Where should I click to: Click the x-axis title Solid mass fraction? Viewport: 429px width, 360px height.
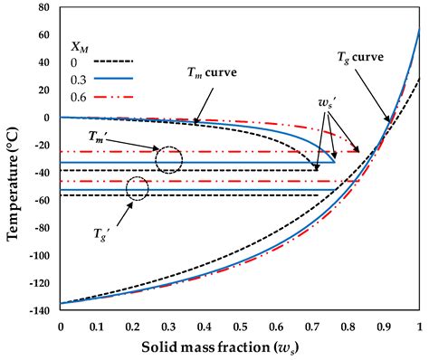(x=239, y=346)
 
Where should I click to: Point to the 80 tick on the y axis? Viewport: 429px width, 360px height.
(x=43, y=9)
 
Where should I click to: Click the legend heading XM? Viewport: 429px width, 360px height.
(x=83, y=43)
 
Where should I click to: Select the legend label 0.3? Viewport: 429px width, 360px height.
(x=80, y=81)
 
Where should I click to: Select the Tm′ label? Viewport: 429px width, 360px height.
(x=101, y=135)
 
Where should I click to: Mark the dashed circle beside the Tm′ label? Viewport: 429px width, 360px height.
(x=169, y=159)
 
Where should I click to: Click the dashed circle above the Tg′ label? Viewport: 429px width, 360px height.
(x=138, y=188)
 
